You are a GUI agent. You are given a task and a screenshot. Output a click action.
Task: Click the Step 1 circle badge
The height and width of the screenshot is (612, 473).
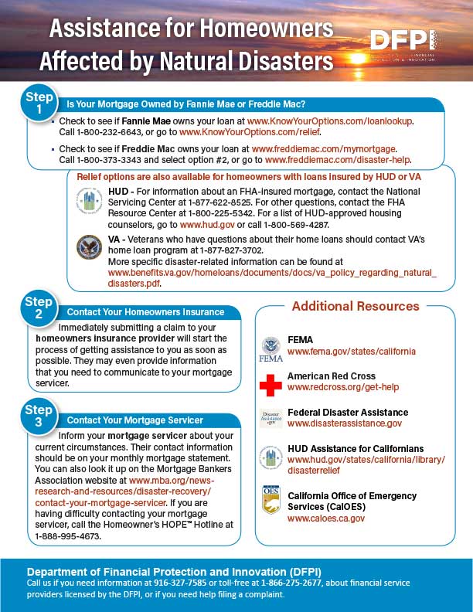click(x=39, y=104)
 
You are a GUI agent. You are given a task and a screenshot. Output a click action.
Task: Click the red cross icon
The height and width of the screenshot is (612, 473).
click(x=271, y=383)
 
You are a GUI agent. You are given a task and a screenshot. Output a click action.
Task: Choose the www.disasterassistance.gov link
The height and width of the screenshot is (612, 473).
click(x=344, y=423)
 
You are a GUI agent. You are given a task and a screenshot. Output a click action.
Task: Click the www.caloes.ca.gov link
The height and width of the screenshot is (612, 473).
click(x=325, y=518)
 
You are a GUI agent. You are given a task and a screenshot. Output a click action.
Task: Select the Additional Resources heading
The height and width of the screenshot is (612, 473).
click(x=355, y=306)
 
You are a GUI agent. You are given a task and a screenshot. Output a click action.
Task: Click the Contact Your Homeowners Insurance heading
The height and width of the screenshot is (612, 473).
click(x=145, y=312)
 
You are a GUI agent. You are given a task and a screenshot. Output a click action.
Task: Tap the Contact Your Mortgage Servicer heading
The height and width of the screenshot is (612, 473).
click(x=135, y=420)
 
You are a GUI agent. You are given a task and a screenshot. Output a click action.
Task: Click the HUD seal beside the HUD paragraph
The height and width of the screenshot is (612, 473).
click(x=90, y=200)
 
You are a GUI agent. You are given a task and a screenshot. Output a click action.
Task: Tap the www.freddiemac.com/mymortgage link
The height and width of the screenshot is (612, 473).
click(x=324, y=148)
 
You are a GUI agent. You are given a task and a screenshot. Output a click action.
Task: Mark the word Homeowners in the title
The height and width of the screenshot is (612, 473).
click(x=265, y=30)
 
